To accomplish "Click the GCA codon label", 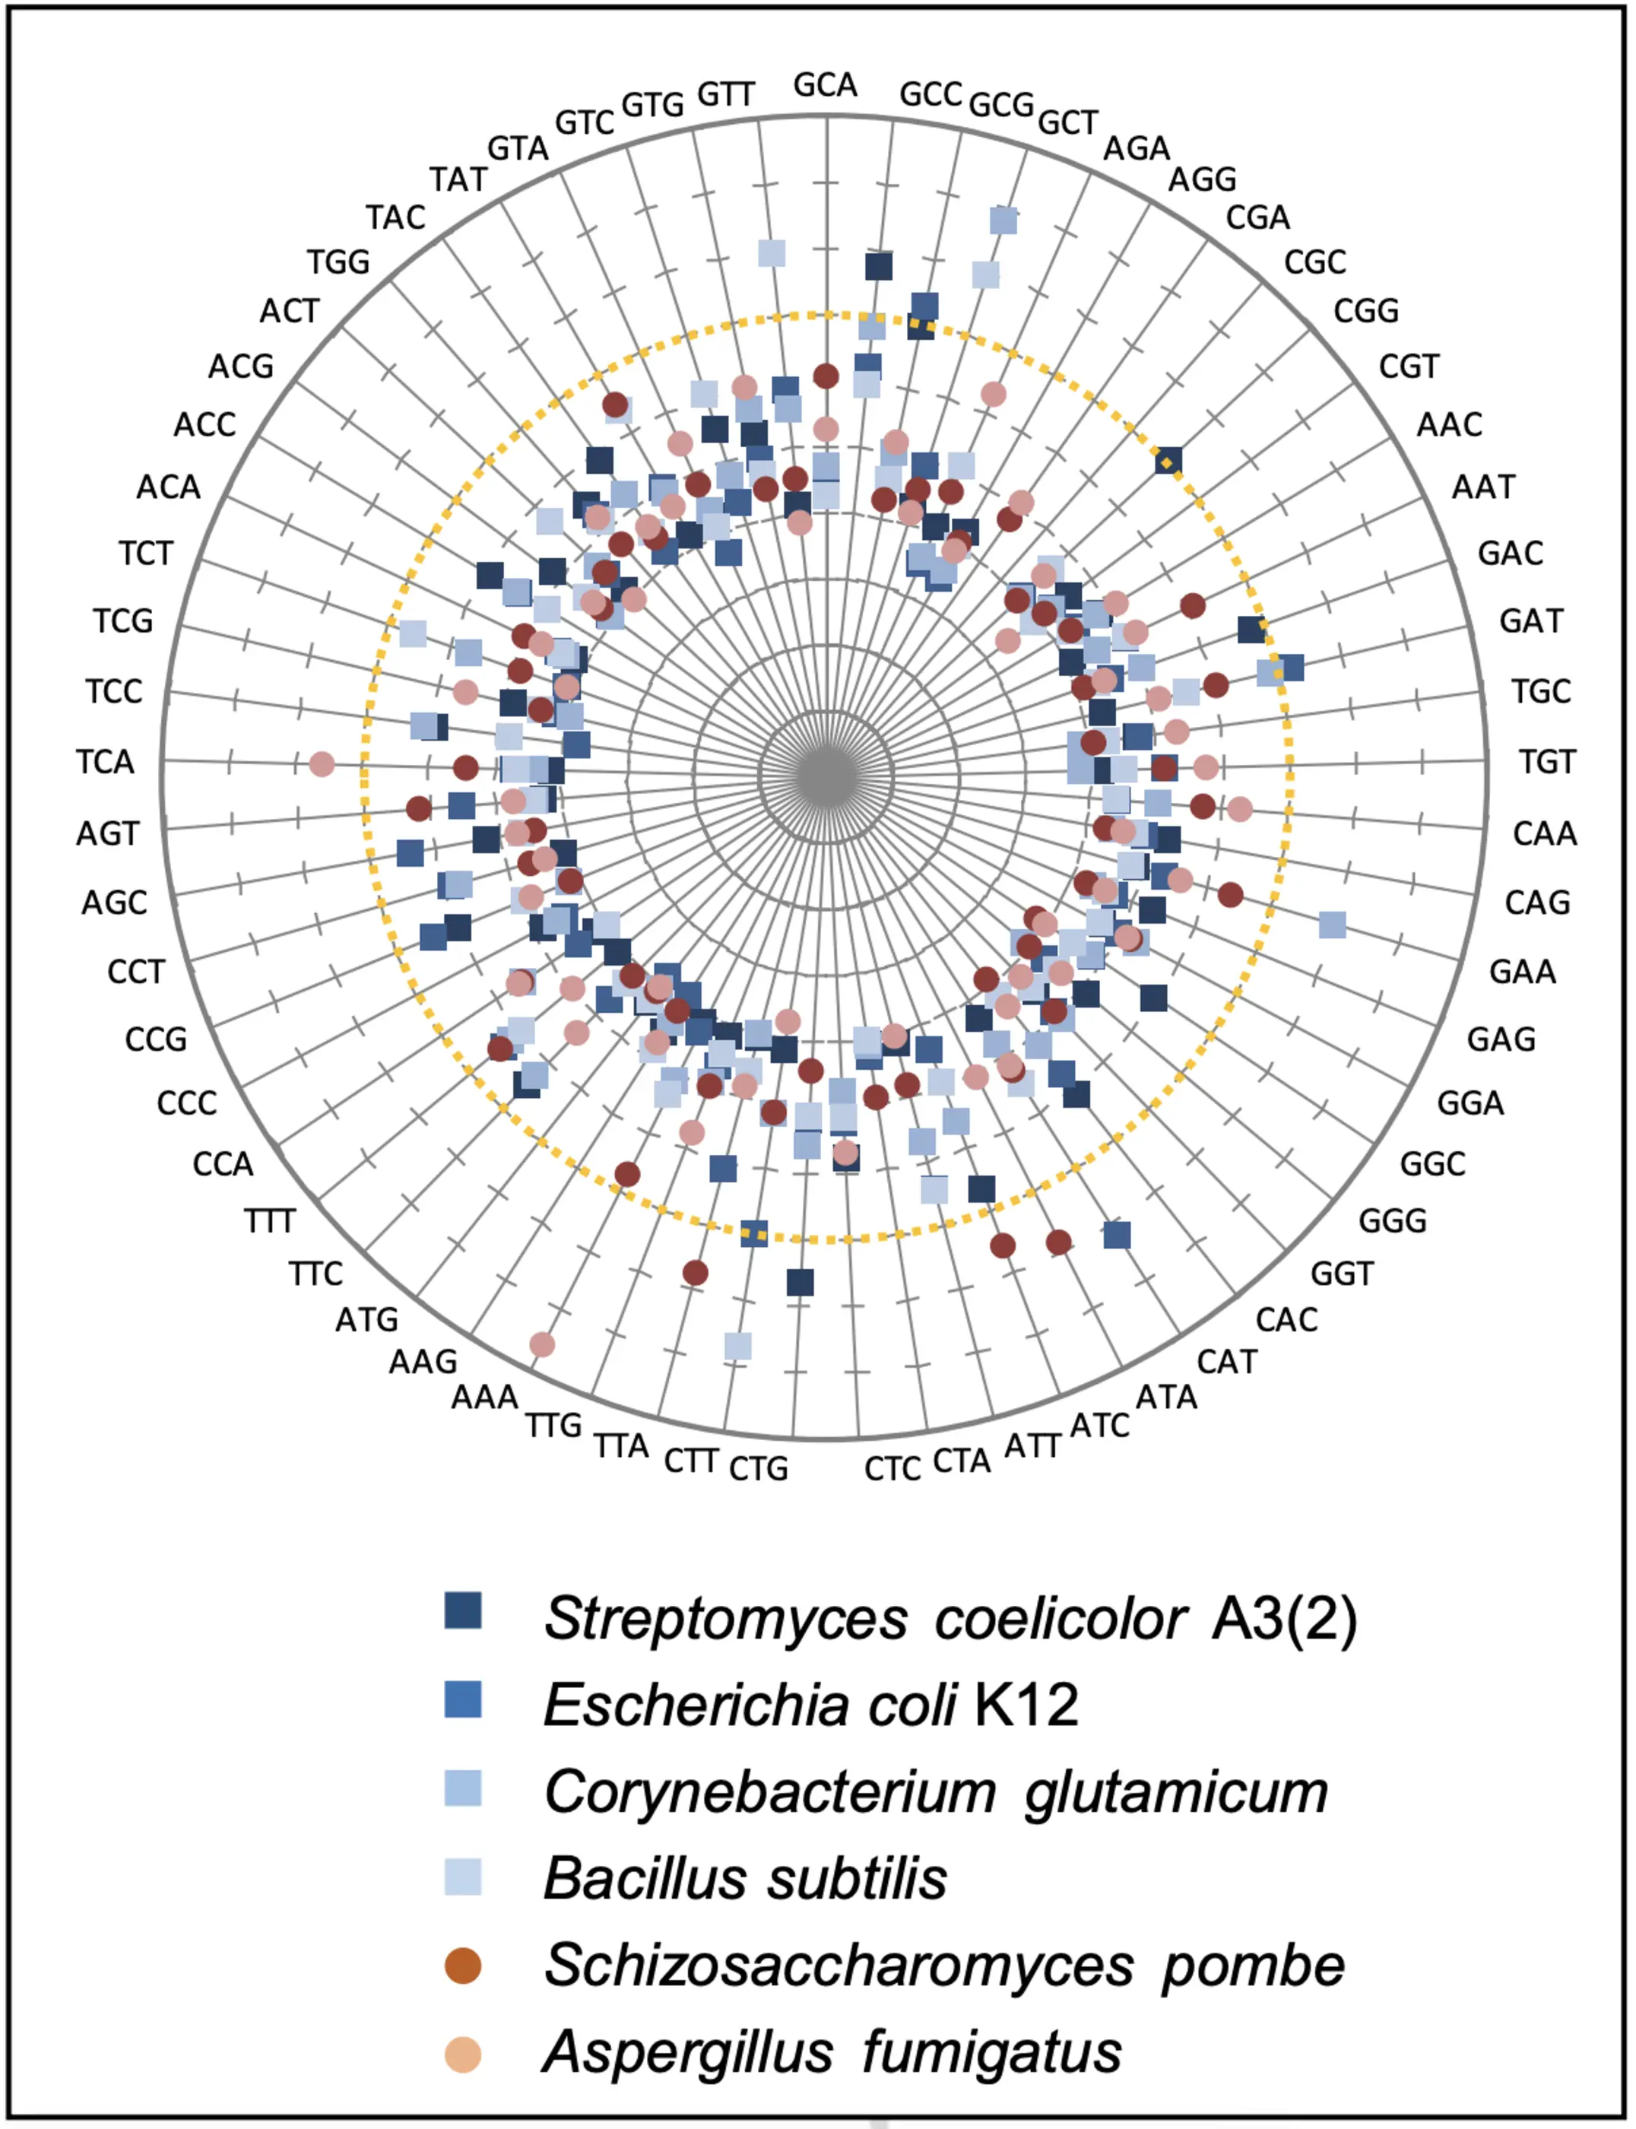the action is [x=825, y=86].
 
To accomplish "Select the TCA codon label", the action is [x=105, y=762].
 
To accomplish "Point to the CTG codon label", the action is [x=759, y=1467].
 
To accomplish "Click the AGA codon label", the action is [x=1137, y=149].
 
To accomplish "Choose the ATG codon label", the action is [x=367, y=1320].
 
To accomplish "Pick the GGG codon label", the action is [x=1393, y=1220].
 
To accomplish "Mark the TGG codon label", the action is [x=339, y=262].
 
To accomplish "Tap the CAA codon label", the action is [x=1545, y=833].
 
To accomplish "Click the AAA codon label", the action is [x=485, y=1398].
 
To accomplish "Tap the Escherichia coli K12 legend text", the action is [x=811, y=1705].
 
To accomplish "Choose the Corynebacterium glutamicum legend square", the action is [x=462, y=1788].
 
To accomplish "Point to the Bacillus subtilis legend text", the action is [x=745, y=1878].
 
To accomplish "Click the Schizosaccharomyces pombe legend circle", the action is [x=462, y=1966].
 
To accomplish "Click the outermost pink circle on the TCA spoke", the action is [x=322, y=764].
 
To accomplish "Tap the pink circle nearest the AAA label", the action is [x=542, y=1345].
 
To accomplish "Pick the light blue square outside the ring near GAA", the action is [x=1332, y=925].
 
